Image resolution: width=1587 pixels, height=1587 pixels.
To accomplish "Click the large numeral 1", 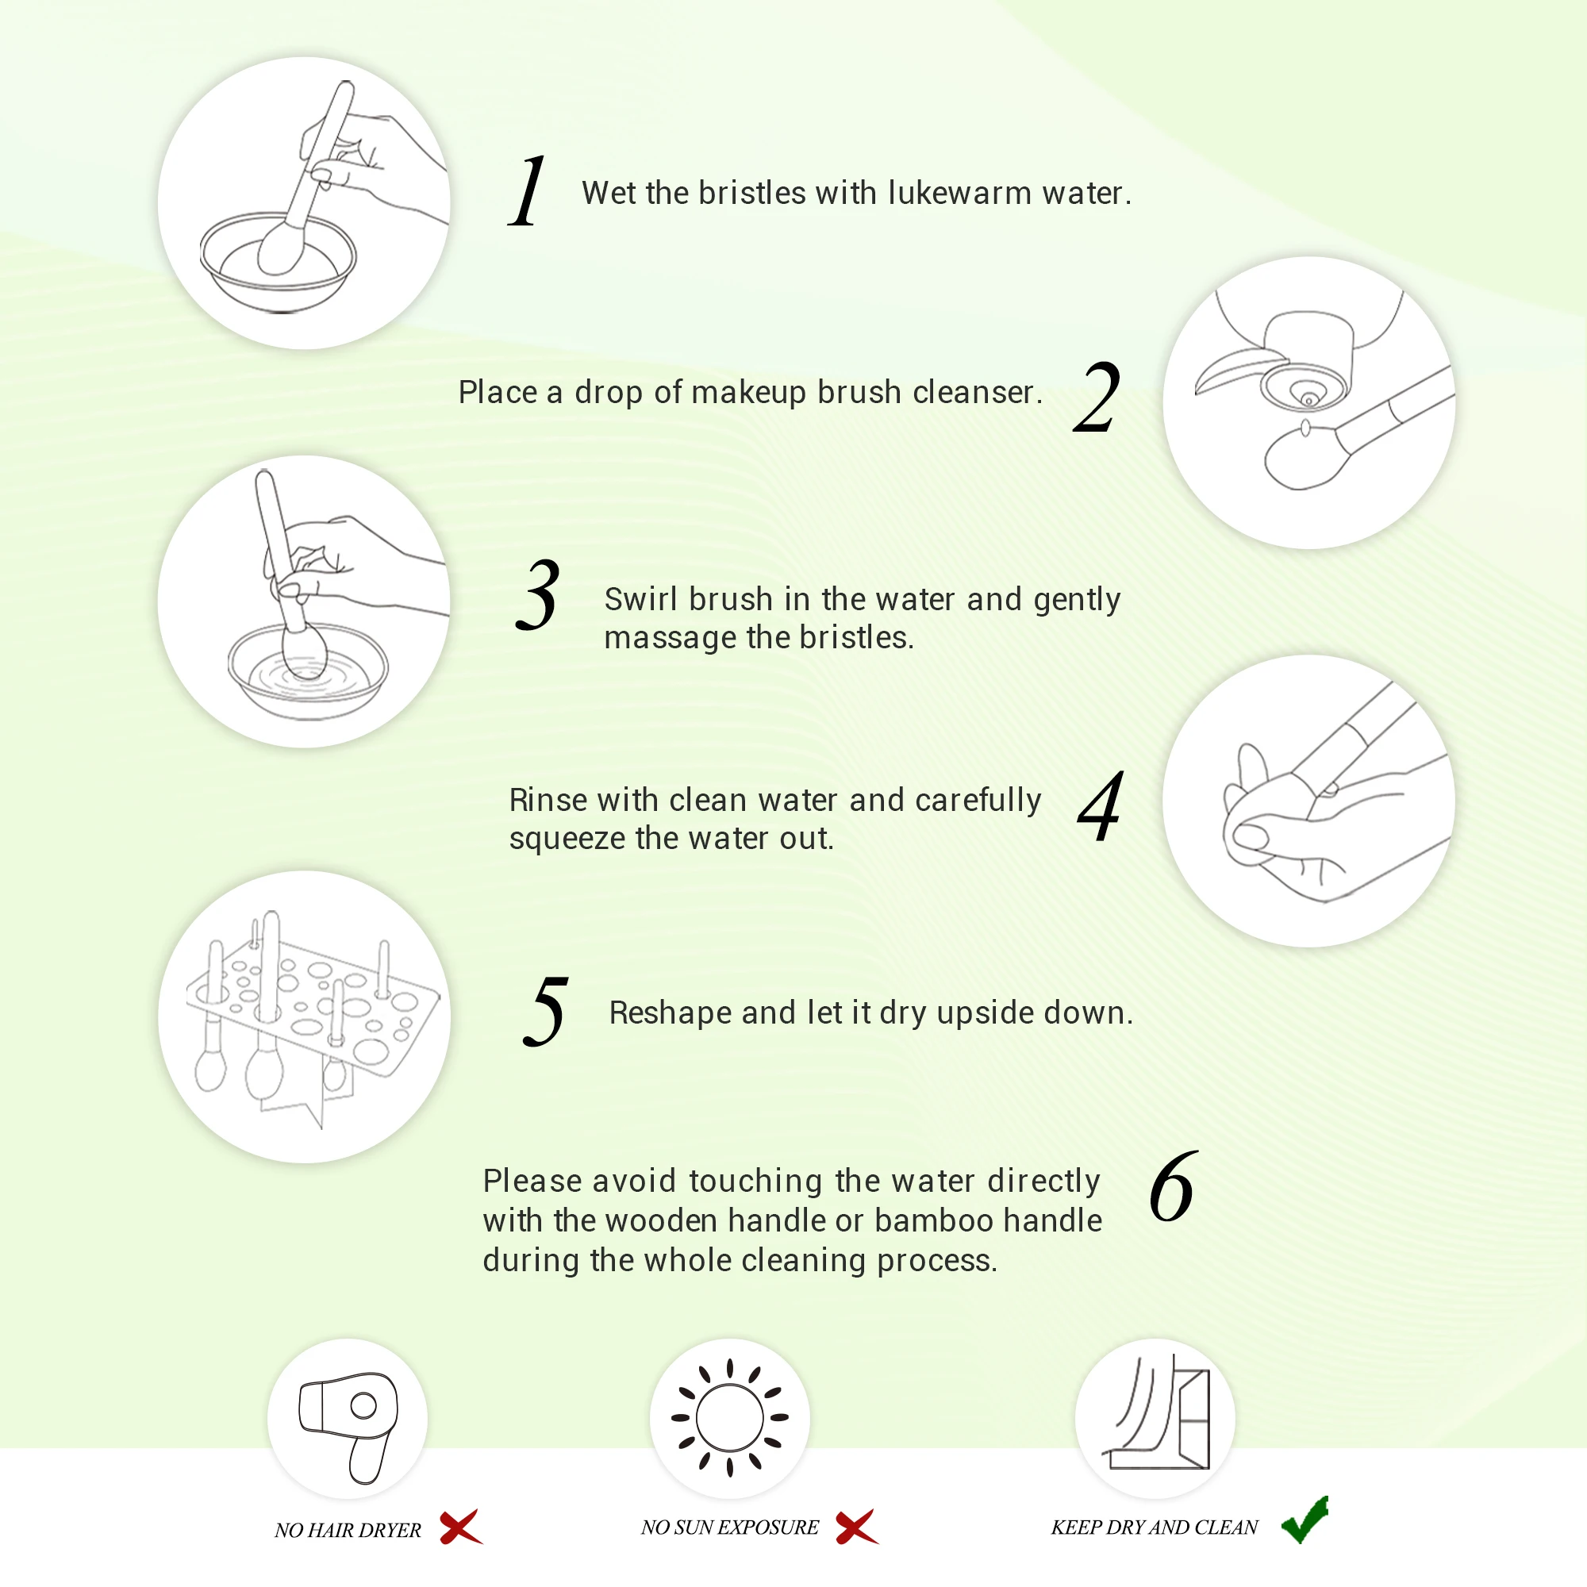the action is coord(528,190).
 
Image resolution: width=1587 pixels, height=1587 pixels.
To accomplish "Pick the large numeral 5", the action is coord(546,1011).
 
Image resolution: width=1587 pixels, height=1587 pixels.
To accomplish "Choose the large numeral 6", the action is coord(1174,1186).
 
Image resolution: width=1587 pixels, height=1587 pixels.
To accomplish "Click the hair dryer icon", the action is coord(348,1428).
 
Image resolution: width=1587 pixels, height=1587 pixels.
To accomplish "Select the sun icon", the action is coord(729,1418).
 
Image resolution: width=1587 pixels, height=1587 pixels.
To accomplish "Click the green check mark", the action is coord(1305,1520).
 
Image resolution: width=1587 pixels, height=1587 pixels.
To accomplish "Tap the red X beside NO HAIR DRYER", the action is coord(461,1527).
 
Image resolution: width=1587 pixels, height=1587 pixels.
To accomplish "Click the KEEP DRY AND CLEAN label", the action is coord(1154,1527).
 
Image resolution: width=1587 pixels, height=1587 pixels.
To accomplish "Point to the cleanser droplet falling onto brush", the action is coord(1305,428).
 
